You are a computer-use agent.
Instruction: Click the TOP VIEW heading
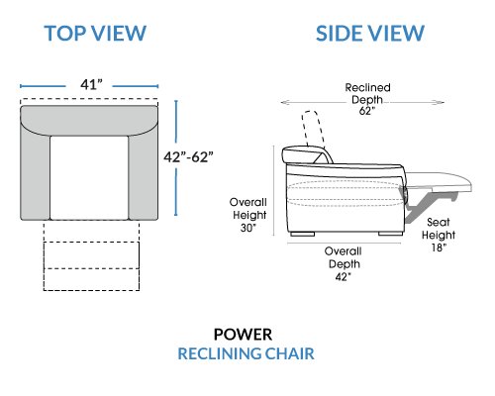click(x=95, y=34)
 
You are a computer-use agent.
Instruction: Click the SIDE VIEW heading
click(x=370, y=34)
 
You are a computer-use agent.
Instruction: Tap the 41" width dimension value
click(x=91, y=84)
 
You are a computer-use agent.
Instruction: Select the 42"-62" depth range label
click(x=188, y=157)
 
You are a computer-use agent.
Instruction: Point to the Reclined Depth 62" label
click(x=367, y=99)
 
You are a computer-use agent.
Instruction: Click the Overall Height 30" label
click(x=248, y=215)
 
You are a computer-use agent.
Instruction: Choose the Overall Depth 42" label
click(x=344, y=263)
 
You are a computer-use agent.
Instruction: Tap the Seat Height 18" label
click(x=439, y=235)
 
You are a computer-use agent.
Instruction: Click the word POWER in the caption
click(x=243, y=335)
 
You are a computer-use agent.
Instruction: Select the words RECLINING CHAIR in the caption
click(x=246, y=353)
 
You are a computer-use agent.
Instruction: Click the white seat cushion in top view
click(x=89, y=177)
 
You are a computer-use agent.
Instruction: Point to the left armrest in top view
click(x=36, y=175)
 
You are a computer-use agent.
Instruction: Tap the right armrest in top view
click(x=144, y=175)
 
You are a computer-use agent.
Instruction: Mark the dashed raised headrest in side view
click(x=313, y=129)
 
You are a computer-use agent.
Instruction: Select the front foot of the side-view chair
click(x=390, y=234)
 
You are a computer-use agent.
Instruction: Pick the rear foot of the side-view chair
click(x=302, y=234)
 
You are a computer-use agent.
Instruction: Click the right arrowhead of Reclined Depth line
click(x=441, y=102)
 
